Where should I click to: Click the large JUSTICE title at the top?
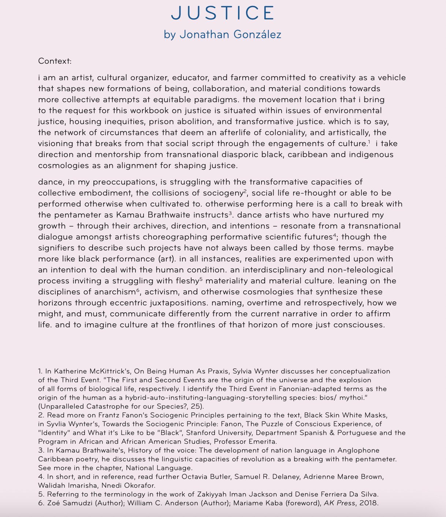(x=223, y=13)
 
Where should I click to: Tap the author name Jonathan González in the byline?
(x=230, y=34)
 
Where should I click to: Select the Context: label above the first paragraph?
(x=55, y=61)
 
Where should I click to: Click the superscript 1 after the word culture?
(x=369, y=141)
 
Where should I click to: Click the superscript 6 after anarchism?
(x=138, y=290)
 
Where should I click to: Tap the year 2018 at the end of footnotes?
(x=369, y=503)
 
